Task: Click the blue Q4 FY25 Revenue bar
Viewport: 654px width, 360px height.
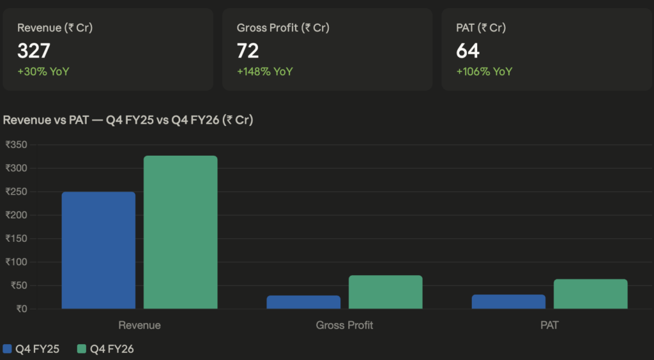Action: point(98,250)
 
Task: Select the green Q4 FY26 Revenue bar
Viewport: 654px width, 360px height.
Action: point(180,232)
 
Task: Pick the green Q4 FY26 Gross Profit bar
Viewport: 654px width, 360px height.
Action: point(385,292)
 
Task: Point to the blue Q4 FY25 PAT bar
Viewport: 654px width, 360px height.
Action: point(508,301)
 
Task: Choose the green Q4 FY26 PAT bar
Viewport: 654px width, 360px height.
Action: point(590,294)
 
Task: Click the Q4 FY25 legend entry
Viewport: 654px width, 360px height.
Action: point(31,349)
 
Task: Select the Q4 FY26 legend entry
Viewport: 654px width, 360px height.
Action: point(105,349)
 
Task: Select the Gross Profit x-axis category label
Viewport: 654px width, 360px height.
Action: point(344,325)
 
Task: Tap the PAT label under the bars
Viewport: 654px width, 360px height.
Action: point(549,325)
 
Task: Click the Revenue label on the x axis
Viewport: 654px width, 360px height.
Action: point(139,325)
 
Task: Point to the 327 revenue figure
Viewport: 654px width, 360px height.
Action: point(33,50)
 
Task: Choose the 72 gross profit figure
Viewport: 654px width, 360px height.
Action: point(248,50)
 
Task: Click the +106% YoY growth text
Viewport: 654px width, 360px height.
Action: point(484,71)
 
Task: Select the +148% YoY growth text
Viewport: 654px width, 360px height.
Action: point(264,71)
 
